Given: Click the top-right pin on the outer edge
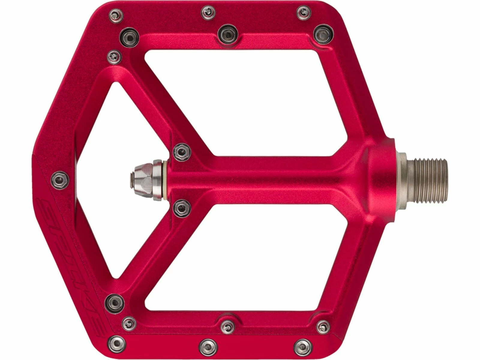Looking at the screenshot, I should (304, 12).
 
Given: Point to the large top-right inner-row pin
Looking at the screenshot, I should (323, 33).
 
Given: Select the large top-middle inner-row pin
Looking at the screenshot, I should (227, 34).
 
